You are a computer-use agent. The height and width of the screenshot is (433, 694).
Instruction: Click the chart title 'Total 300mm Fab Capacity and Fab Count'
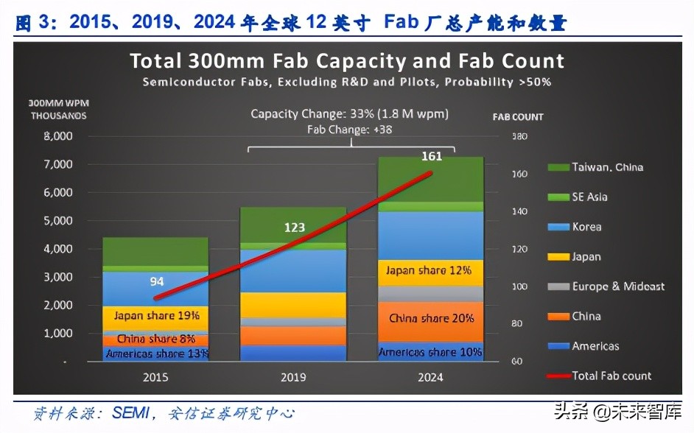click(347, 60)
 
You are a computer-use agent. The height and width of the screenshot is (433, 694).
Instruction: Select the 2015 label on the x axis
click(155, 377)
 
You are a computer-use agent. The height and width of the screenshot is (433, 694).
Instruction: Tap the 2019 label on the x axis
click(294, 377)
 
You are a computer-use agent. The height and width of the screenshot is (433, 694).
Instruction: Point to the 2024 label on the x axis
click(431, 377)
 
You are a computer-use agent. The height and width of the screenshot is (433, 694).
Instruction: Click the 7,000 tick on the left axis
click(58, 164)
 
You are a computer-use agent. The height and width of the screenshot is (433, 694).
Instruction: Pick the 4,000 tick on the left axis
click(58, 249)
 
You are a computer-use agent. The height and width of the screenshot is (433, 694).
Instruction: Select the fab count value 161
click(432, 156)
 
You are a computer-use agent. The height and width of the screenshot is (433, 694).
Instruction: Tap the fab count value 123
click(294, 228)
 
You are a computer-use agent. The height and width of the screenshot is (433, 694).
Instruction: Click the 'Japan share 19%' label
click(156, 316)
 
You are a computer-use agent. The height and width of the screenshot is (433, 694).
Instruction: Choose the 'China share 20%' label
click(431, 318)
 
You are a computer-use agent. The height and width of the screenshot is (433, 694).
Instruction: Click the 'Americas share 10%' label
click(431, 352)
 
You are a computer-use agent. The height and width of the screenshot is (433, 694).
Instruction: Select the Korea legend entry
click(586, 227)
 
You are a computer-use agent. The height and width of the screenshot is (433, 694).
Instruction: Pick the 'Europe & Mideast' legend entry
click(617, 286)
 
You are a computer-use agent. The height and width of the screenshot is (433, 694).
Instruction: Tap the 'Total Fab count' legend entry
click(611, 376)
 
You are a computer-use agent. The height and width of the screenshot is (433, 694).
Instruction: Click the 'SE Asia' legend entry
click(589, 197)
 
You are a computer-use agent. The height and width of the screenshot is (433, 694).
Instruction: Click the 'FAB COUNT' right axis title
click(517, 116)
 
